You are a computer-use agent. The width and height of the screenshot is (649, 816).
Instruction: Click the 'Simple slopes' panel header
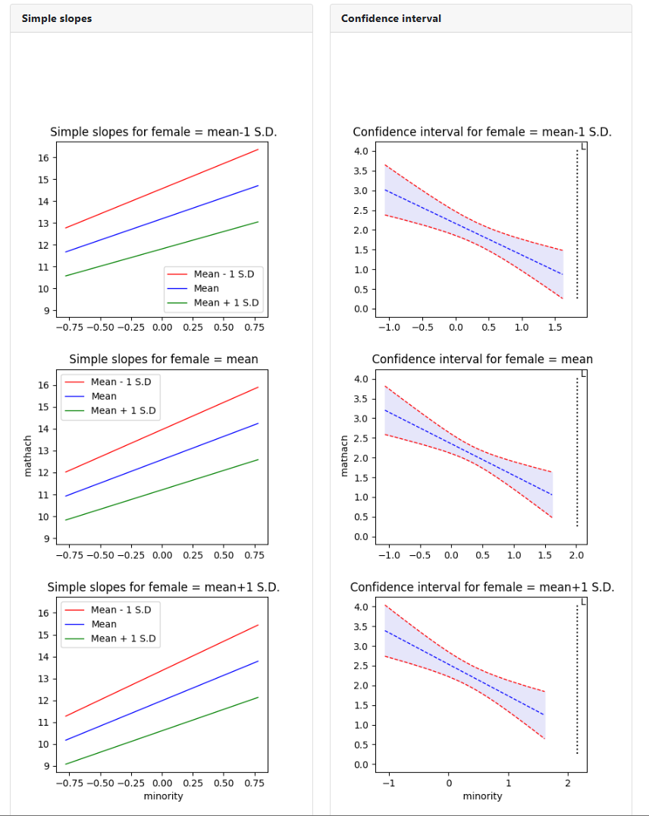pos(57,18)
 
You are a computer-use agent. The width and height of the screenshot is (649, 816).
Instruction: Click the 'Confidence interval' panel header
pos(391,18)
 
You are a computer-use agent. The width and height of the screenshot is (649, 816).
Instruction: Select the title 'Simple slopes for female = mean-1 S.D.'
pos(164,132)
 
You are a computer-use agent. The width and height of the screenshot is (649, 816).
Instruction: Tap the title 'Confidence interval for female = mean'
pos(482,359)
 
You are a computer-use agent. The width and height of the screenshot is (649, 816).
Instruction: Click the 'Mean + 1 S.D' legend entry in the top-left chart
pos(226,303)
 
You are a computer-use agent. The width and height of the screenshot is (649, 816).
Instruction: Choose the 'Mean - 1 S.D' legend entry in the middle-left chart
pos(121,381)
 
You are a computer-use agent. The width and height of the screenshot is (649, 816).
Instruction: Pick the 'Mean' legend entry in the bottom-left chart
pos(104,624)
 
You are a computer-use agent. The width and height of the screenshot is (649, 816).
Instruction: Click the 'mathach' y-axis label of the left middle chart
pos(29,455)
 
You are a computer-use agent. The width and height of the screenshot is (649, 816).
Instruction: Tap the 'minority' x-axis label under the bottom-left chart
pos(163,796)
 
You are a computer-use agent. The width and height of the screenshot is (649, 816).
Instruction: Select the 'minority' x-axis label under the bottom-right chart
pos(482,796)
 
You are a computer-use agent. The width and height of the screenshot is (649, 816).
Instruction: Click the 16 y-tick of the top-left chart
pos(43,158)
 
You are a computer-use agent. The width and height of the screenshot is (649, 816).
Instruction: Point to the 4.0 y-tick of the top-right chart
pos(361,151)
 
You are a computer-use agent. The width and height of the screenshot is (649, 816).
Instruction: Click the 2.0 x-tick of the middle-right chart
pos(576,555)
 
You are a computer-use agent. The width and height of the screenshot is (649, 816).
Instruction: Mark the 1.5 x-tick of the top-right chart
pos(554,327)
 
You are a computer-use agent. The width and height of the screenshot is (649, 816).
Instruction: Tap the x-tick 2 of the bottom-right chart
pos(568,783)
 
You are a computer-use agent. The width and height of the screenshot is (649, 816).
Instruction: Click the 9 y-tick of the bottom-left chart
pos(46,766)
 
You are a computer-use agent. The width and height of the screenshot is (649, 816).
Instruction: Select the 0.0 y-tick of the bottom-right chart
pos(361,764)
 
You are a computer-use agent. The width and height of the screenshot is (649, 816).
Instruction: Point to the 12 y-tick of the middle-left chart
pos(43,472)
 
